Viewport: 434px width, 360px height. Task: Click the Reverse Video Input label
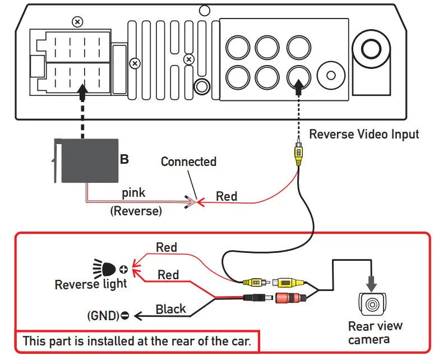[364, 135]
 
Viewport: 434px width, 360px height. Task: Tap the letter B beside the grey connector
[124, 159]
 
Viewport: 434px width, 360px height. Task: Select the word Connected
[188, 161]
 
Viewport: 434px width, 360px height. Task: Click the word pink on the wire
[134, 193]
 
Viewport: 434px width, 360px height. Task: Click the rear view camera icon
[372, 303]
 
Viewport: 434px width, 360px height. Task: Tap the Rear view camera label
[375, 333]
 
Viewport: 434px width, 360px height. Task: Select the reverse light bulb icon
[106, 266]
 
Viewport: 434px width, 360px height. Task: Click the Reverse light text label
[91, 284]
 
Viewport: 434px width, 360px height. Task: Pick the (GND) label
[103, 315]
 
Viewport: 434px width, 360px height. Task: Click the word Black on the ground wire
[171, 309]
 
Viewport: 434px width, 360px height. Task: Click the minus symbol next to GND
[124, 316]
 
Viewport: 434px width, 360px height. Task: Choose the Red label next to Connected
[227, 196]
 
